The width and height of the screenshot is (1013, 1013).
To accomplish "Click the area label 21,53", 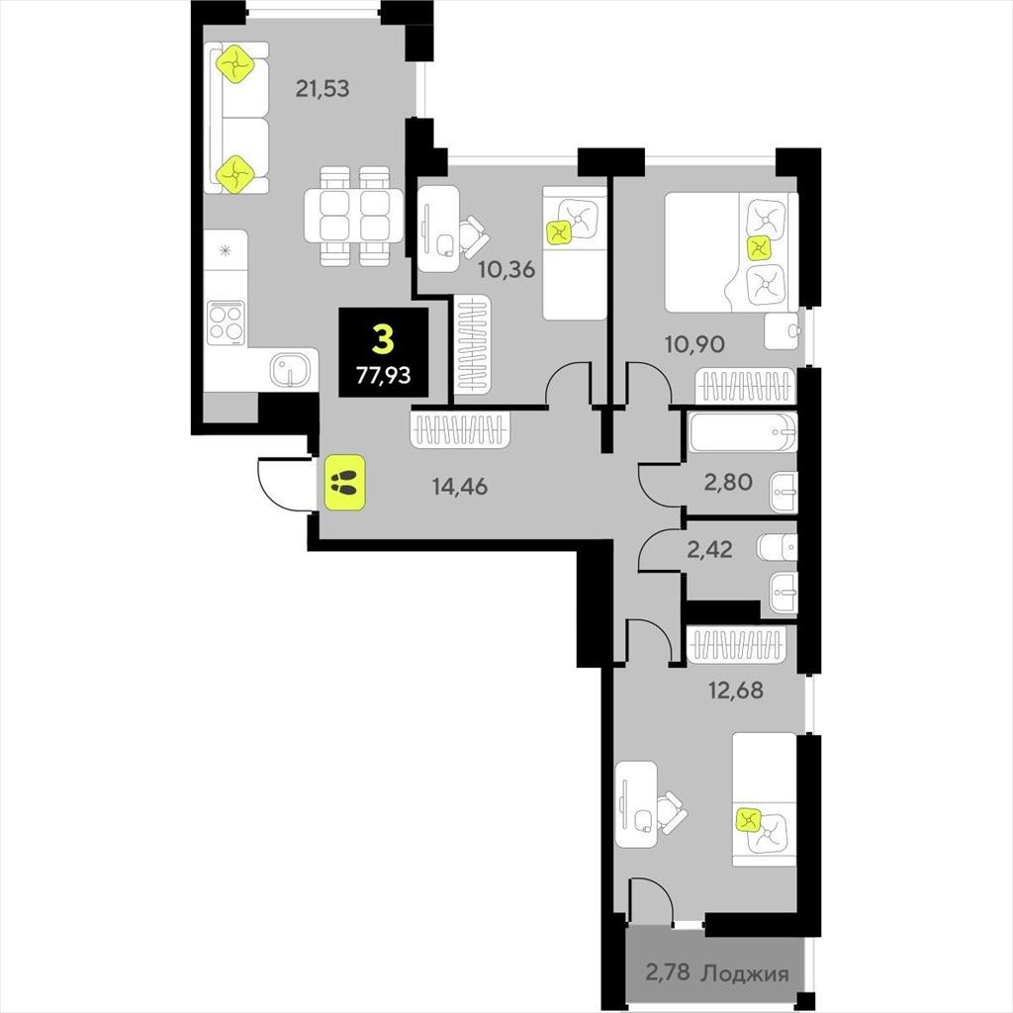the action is coord(322,88).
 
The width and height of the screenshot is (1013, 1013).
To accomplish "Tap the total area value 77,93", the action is coord(383,374).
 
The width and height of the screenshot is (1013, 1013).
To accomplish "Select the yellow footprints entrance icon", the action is coord(345,482).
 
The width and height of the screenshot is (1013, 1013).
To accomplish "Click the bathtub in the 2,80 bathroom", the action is coord(743,432).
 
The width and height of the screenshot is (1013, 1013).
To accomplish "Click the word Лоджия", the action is coord(745,973).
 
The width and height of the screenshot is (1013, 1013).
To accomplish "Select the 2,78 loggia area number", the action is coord(668,971).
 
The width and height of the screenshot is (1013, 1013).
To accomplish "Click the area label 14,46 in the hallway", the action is coord(460,486).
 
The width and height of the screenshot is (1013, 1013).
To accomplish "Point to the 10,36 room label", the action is coord(506,269).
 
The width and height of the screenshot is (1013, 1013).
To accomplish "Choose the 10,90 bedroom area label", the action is coord(695,343).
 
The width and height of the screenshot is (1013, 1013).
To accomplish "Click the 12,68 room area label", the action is coord(736,690).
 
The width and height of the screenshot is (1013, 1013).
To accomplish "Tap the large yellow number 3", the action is coord(383,340).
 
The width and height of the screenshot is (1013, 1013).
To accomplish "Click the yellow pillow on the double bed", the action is coord(758,246).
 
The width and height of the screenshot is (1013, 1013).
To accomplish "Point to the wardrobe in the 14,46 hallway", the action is coord(460,430).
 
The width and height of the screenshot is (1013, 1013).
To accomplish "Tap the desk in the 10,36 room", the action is coord(438,229).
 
